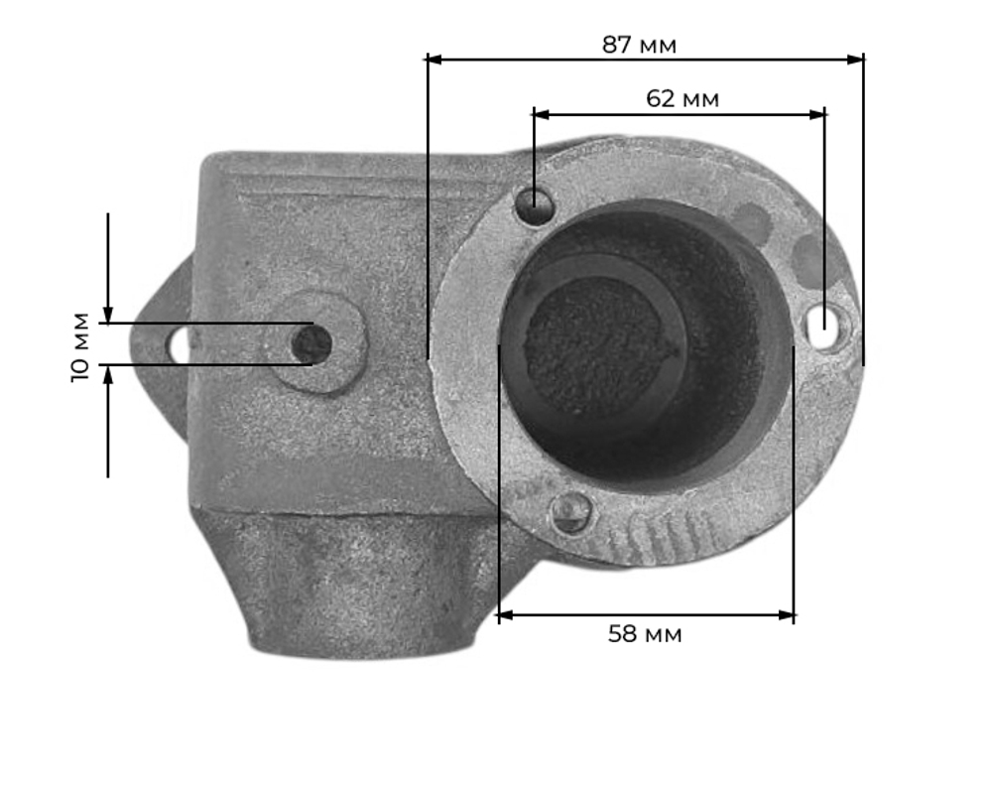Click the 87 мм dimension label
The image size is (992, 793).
pyautogui.click(x=639, y=45)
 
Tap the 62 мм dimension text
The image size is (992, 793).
pyautogui.click(x=682, y=98)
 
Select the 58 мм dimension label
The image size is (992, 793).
pyautogui.click(x=645, y=633)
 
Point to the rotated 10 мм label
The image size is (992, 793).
pyautogui.click(x=80, y=346)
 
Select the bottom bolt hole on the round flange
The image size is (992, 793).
pyautogui.click(x=572, y=512)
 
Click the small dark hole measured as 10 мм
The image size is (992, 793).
pyautogui.click(x=311, y=343)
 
